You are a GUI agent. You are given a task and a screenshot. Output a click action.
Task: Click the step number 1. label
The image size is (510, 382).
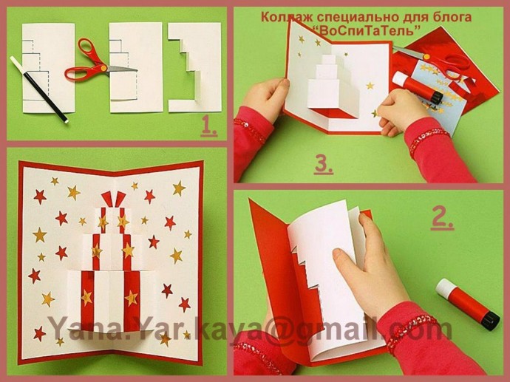(x=209, y=126)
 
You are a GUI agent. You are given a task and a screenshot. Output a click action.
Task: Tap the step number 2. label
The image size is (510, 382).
(x=442, y=219)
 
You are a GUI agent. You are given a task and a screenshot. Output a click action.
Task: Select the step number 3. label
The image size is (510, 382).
(x=323, y=165)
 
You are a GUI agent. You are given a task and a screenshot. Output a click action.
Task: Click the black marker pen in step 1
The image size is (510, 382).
(x=39, y=89)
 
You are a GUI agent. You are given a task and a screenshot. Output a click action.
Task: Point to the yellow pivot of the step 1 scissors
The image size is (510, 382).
(x=103, y=68)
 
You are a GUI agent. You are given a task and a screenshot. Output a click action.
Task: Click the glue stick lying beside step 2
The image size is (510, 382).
(x=467, y=304)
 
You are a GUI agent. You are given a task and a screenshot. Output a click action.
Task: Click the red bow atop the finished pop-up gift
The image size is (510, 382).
(x=113, y=199)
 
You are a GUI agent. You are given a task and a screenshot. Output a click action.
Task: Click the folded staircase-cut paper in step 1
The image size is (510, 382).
(x=195, y=68)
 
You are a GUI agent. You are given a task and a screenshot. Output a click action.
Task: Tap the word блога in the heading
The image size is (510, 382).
(x=452, y=17)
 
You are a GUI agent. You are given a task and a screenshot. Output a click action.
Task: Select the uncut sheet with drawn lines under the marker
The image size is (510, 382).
(x=49, y=68)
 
